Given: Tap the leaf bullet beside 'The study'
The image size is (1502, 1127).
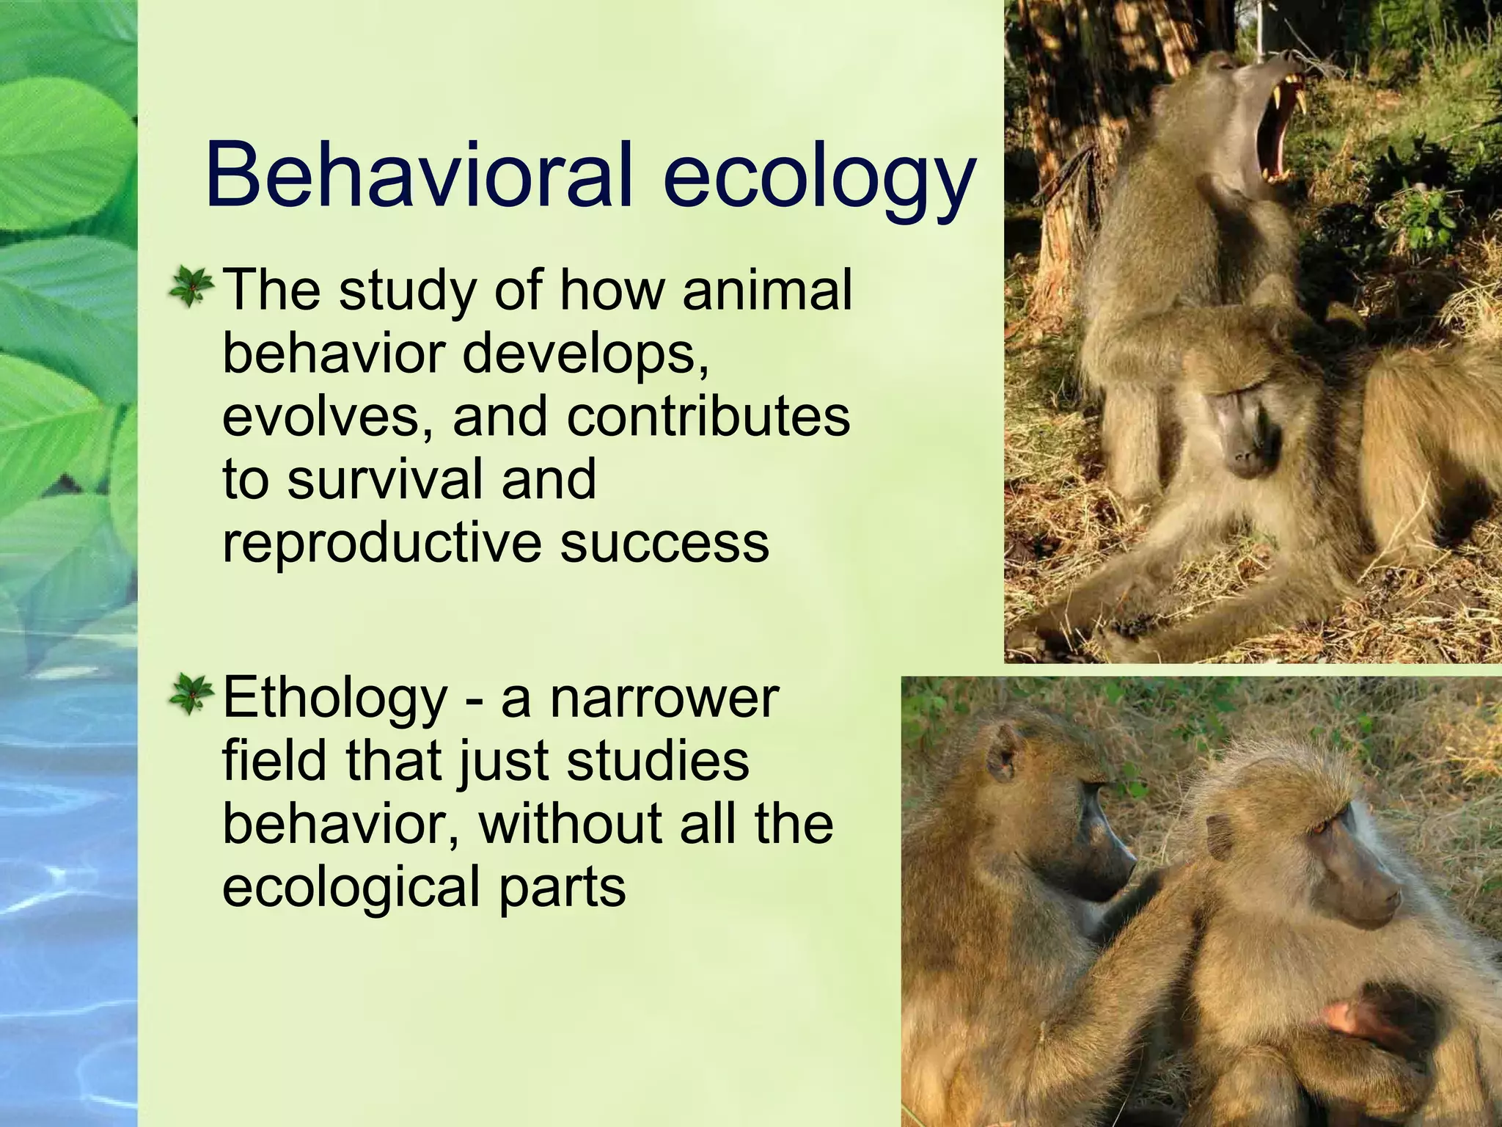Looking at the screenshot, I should [191, 288].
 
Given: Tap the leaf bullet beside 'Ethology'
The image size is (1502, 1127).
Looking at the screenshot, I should [191, 696].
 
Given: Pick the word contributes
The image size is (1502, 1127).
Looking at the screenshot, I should [708, 416].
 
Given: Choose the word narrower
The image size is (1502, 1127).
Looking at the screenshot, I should [664, 699].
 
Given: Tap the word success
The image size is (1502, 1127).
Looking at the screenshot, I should [664, 543].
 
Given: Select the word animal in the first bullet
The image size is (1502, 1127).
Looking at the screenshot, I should [767, 290].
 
